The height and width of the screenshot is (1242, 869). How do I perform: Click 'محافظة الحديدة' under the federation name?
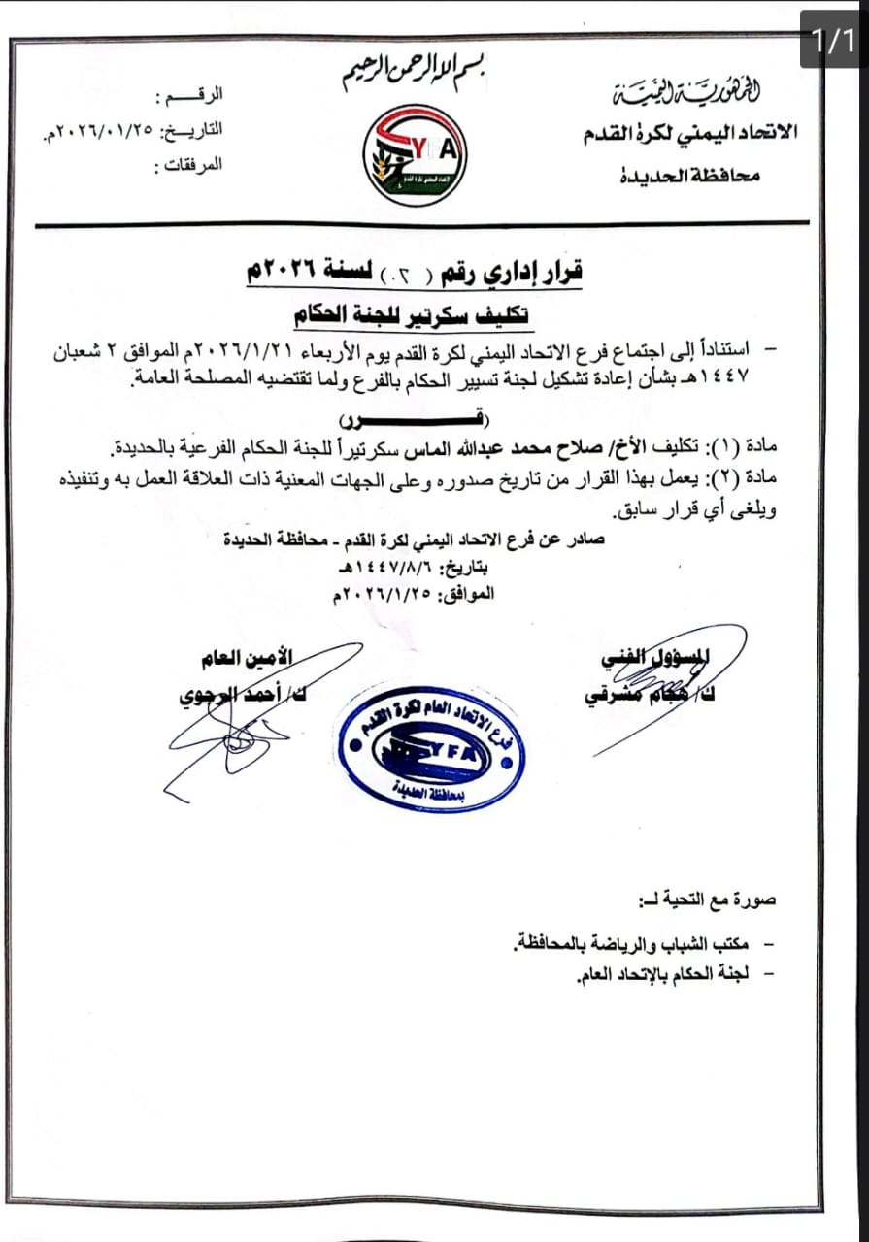pyautogui.click(x=690, y=175)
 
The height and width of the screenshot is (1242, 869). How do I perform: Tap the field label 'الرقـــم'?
pyautogui.click(x=190, y=97)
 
